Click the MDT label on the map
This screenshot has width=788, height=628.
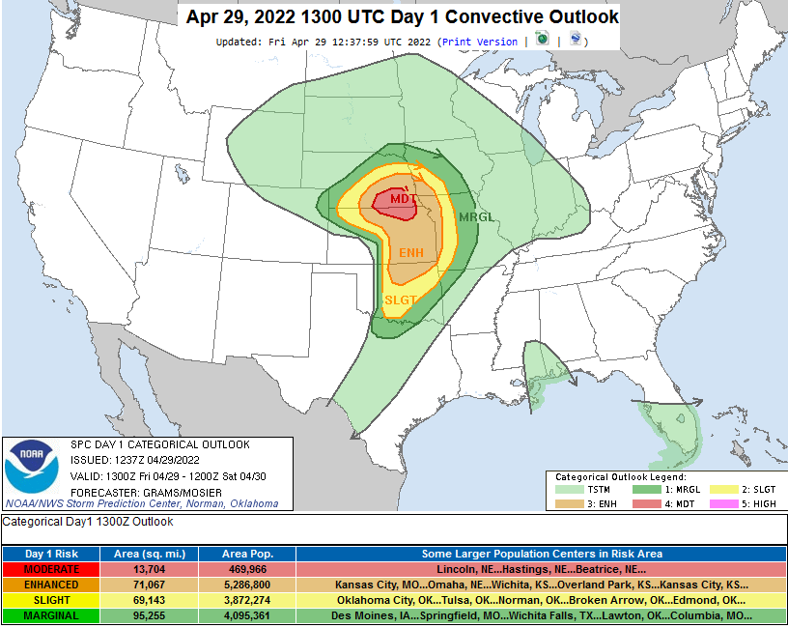coord(404,199)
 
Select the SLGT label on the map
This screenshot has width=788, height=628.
coord(401,300)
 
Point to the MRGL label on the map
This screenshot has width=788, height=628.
coord(476,217)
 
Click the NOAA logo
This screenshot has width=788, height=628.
coord(31,467)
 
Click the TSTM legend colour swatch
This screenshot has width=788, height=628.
coord(572,490)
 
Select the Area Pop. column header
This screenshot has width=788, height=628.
coord(247,555)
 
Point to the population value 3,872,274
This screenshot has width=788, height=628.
coord(247,600)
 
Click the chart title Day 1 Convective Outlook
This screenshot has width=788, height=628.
coord(399,17)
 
